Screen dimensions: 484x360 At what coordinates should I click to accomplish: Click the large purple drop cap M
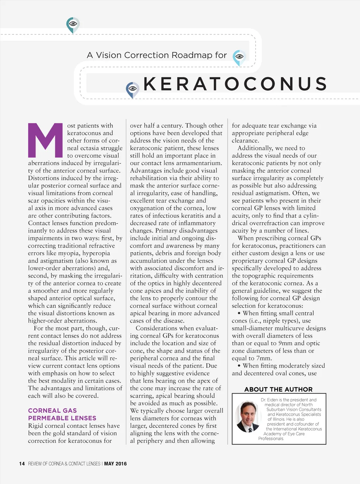(45, 140)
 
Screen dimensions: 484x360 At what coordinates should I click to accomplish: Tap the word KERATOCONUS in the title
(235, 84)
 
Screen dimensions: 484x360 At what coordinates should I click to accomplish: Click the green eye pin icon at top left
(73, 25)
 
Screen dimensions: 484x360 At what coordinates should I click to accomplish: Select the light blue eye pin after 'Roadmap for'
(239, 57)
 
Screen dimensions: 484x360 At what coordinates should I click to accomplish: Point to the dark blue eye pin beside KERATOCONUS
(133, 89)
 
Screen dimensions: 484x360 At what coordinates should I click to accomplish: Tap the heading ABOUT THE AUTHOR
(278, 389)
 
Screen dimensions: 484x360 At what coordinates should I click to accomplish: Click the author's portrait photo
(248, 417)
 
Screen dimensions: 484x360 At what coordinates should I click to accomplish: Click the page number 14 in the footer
(22, 464)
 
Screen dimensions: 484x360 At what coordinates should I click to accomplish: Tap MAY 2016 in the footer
(115, 464)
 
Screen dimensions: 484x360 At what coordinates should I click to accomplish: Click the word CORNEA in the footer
(56, 464)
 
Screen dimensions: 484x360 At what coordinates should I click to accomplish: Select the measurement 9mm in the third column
(285, 343)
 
